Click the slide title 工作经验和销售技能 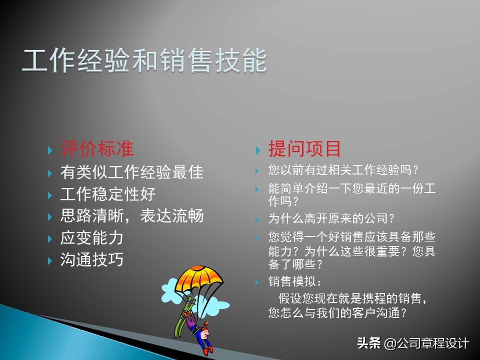click(144, 61)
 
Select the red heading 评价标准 click(97, 148)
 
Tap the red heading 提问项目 click(304, 148)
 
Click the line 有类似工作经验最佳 click(132, 172)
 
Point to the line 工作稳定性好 click(108, 194)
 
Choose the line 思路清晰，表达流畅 click(132, 216)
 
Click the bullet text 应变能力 click(92, 238)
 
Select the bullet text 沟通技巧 click(92, 260)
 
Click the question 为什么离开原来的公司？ click(332, 218)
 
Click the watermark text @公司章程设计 click(426, 343)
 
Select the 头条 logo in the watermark click(369, 343)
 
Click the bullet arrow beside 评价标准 click(50, 150)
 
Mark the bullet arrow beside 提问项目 click(258, 150)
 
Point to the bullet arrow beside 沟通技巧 click(50, 261)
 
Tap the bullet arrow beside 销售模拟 click(258, 282)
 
